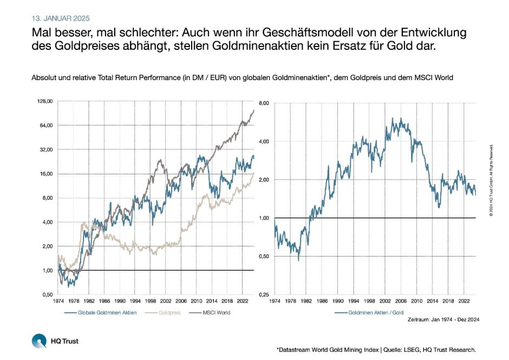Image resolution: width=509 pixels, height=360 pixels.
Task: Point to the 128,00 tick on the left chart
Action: click(x=44, y=101)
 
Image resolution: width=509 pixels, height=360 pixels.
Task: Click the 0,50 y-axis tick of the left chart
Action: click(x=47, y=294)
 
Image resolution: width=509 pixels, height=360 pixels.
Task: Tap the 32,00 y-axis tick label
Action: click(x=45, y=149)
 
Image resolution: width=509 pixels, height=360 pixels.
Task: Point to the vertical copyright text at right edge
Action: click(x=491, y=180)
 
